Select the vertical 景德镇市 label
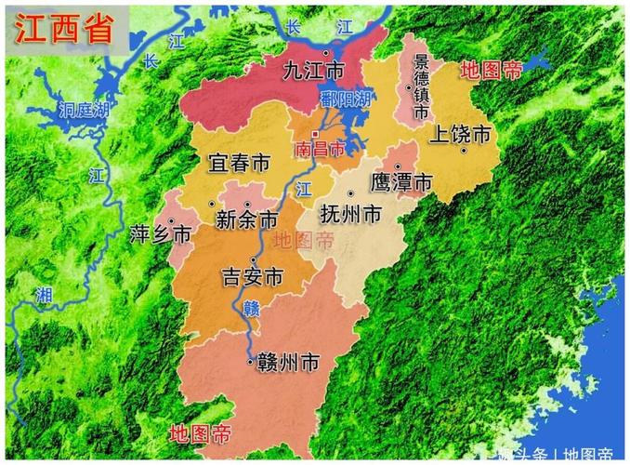(x=421, y=86)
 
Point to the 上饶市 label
(x=459, y=134)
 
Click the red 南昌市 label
(x=319, y=149)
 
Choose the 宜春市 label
(x=240, y=164)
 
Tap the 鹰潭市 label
(x=401, y=182)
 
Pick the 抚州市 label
(x=349, y=214)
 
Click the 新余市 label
(x=246, y=220)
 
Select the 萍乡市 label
(x=161, y=233)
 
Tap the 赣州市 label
(x=288, y=362)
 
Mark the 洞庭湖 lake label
(x=84, y=109)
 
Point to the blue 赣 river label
(x=250, y=308)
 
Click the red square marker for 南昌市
(x=314, y=134)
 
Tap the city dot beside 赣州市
(x=249, y=361)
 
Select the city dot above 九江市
(x=326, y=53)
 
